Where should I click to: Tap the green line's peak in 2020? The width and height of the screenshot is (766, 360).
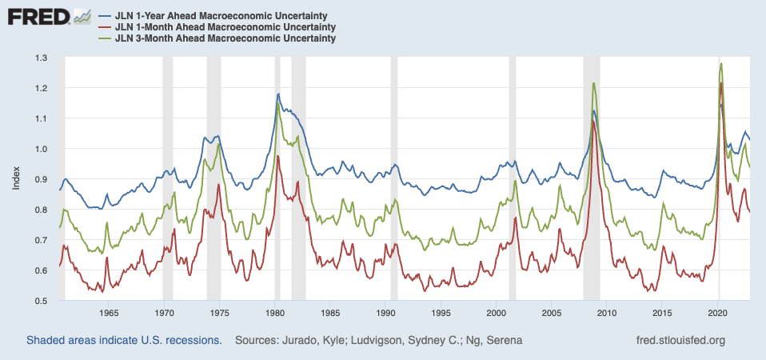(x=721, y=63)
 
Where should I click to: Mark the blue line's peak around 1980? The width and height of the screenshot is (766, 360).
(x=277, y=94)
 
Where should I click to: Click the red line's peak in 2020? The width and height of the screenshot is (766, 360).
(x=721, y=83)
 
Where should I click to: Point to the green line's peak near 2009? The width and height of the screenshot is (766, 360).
(x=593, y=83)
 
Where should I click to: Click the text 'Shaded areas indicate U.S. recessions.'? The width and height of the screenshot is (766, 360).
(x=124, y=341)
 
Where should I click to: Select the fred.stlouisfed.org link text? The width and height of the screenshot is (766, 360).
(x=678, y=341)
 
